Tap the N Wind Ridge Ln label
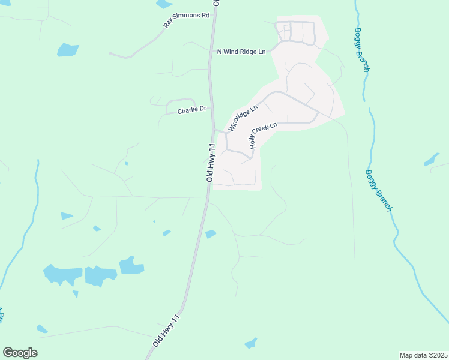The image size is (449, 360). (241, 52)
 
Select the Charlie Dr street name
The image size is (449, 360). (191, 110)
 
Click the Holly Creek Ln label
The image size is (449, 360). (263, 136)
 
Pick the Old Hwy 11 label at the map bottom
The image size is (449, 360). (166, 329)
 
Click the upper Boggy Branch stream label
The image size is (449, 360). (361, 50)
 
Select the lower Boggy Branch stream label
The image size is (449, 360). (379, 190)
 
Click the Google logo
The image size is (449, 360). (20, 353)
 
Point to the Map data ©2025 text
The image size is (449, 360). (423, 355)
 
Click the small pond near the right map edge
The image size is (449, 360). (431, 160)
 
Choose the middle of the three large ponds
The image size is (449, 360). (100, 275)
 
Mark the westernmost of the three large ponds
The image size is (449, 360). (62, 275)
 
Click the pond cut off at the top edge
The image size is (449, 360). (164, 4)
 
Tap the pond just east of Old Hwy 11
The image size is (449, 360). (210, 234)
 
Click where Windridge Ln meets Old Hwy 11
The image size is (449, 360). (214, 129)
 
